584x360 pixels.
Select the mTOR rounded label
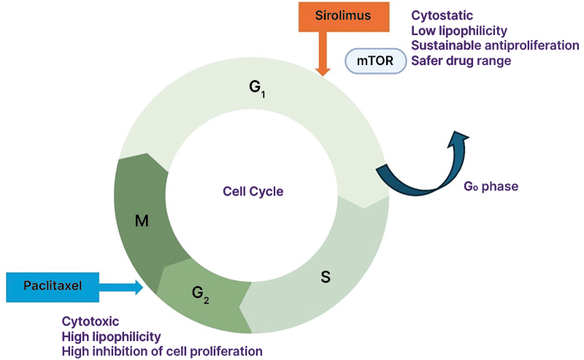pos(375,61)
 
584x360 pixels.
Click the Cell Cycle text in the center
pos(253,191)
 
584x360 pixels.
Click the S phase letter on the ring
pos(326,277)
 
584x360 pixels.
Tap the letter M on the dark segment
pos(142,220)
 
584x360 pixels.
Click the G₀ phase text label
pos(491,186)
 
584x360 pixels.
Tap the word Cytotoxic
pos(91,321)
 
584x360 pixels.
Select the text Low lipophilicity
pos(459,30)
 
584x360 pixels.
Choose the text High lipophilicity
pos(111,336)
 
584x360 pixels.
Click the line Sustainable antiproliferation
pos(495,45)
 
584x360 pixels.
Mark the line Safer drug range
pos(461,61)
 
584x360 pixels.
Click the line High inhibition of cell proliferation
pos(161,351)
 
